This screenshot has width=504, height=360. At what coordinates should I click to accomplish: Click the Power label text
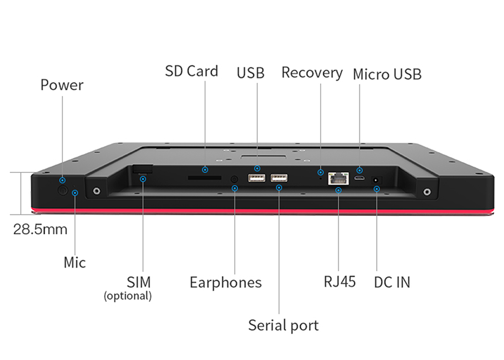[x=61, y=85]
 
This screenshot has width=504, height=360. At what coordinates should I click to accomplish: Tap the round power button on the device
[x=63, y=191]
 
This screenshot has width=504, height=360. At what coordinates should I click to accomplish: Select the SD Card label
[x=192, y=71]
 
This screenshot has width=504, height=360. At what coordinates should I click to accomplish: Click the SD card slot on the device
[x=204, y=177]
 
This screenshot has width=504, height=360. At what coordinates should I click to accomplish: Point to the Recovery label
[x=311, y=73]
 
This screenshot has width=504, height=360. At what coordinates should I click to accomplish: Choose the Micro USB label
[x=387, y=74]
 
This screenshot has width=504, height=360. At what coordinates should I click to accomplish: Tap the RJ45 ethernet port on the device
[x=338, y=177]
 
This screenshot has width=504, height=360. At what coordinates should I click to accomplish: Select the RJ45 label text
[x=339, y=281]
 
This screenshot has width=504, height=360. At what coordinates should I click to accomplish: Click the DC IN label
[x=392, y=282]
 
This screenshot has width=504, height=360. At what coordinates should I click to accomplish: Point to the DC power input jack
[x=376, y=179]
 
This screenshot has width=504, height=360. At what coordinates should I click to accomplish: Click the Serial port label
[x=283, y=325]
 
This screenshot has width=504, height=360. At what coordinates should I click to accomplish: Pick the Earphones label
[x=225, y=282]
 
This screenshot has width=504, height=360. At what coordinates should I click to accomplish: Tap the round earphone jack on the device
[x=234, y=178]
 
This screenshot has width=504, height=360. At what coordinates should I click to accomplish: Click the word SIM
[x=139, y=282]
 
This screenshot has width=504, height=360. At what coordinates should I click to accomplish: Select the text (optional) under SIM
[x=128, y=296]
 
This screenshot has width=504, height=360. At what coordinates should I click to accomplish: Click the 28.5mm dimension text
[x=40, y=229]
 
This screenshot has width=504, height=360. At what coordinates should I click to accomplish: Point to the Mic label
[x=75, y=262]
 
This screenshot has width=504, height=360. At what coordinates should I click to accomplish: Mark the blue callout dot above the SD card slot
[x=205, y=169]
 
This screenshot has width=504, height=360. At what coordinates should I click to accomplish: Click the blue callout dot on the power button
[x=62, y=180]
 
